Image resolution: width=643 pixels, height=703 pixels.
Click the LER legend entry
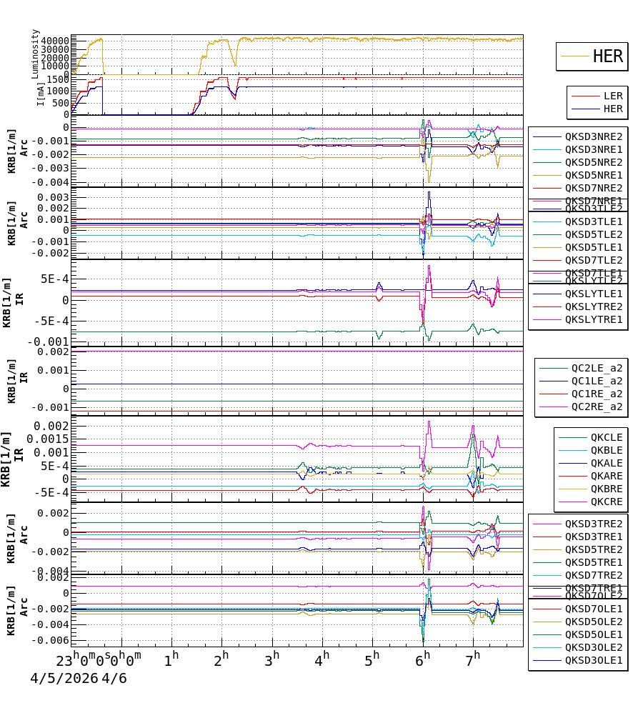point(612,96)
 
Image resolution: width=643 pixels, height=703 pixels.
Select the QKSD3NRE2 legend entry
point(593,136)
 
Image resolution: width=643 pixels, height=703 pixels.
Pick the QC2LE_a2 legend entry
point(596,368)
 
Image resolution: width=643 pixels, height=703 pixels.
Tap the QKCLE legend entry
point(606,437)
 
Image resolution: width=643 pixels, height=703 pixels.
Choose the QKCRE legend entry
point(606,502)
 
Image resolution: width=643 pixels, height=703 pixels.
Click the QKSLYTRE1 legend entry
point(593,319)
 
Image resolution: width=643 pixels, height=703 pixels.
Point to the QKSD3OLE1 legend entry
point(593,661)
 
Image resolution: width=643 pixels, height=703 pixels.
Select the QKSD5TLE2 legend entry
point(593,234)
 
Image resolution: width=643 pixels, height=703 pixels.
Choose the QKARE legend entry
point(606,476)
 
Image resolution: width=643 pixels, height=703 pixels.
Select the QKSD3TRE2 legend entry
point(593,524)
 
